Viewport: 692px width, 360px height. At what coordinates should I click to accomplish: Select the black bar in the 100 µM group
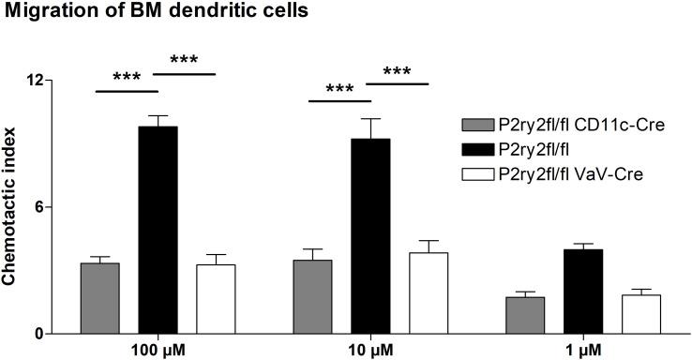158,230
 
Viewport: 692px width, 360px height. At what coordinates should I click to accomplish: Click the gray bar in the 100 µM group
99,298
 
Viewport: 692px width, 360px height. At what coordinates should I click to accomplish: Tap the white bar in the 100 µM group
216,299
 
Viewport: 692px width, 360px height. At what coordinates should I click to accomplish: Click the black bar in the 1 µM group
582,291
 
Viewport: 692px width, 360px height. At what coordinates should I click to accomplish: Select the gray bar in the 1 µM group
524,315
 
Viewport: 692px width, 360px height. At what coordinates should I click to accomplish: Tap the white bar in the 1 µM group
640,314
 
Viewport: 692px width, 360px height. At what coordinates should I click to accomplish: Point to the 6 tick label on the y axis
42,207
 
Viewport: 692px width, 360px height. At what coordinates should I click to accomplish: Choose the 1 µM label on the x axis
582,351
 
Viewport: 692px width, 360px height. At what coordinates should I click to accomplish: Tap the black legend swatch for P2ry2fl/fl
477,149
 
